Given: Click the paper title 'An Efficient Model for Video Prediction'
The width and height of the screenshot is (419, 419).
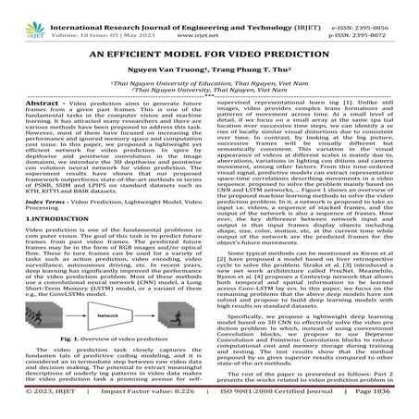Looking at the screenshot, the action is tap(209, 54).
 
